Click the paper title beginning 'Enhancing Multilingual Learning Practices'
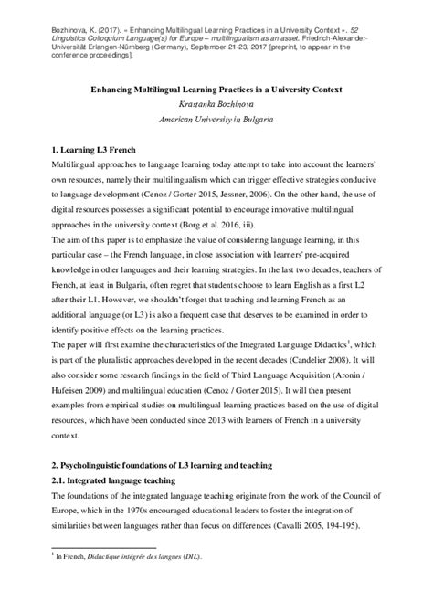pos(216,90)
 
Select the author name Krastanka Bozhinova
pos(216,105)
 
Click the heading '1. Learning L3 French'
pos(80,146)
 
